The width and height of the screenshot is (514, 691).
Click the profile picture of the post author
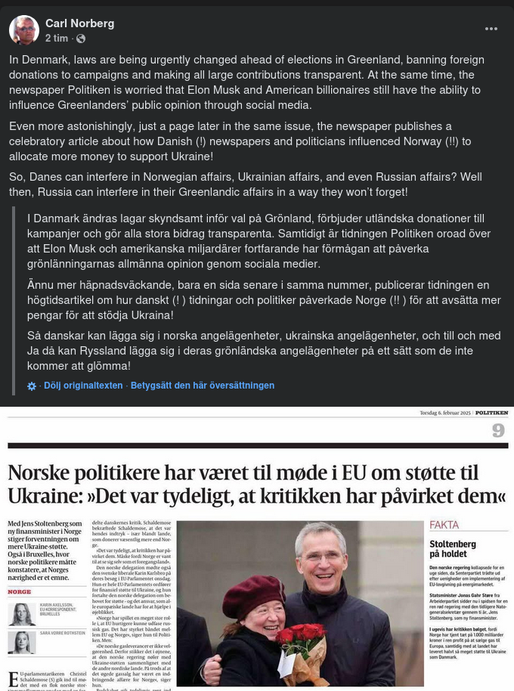(x=24, y=30)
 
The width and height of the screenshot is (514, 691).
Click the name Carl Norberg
(x=79, y=23)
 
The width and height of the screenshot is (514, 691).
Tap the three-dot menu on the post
(x=491, y=29)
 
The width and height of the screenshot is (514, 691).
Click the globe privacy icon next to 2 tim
(x=81, y=39)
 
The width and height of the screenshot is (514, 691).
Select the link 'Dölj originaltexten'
(x=83, y=386)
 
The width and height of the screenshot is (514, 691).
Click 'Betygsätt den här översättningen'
(x=203, y=386)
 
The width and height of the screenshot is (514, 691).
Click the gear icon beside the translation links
(x=32, y=386)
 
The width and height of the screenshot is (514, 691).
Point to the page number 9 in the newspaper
(x=498, y=431)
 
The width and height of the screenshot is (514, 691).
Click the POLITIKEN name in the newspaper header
(x=491, y=413)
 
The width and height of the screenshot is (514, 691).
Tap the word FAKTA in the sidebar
(x=444, y=525)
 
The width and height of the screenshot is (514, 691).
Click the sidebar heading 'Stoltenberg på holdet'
(x=453, y=548)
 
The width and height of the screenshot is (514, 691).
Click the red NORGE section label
(x=20, y=592)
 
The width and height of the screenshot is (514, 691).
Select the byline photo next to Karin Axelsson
(x=21, y=614)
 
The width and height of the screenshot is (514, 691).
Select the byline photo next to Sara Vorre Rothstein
(x=21, y=642)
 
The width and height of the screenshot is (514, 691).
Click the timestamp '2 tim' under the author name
(x=57, y=39)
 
